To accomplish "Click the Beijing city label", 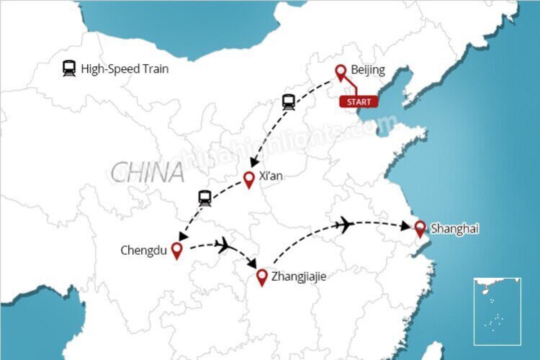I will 368,70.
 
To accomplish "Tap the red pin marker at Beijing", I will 341,73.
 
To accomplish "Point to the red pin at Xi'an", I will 249,179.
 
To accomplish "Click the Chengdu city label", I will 144,251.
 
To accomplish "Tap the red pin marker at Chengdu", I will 175,251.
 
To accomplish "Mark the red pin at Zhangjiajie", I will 262,277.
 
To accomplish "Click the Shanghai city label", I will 455,229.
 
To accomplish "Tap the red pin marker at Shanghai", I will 420,229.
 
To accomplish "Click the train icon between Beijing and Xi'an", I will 289,102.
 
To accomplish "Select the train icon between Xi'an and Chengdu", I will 204,198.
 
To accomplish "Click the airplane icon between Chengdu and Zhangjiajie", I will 222,245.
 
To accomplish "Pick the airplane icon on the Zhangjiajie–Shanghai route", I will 344,225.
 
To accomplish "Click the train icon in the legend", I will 69,69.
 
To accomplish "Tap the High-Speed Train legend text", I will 125,70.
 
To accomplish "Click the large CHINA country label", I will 147,173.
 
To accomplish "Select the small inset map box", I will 497,310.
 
